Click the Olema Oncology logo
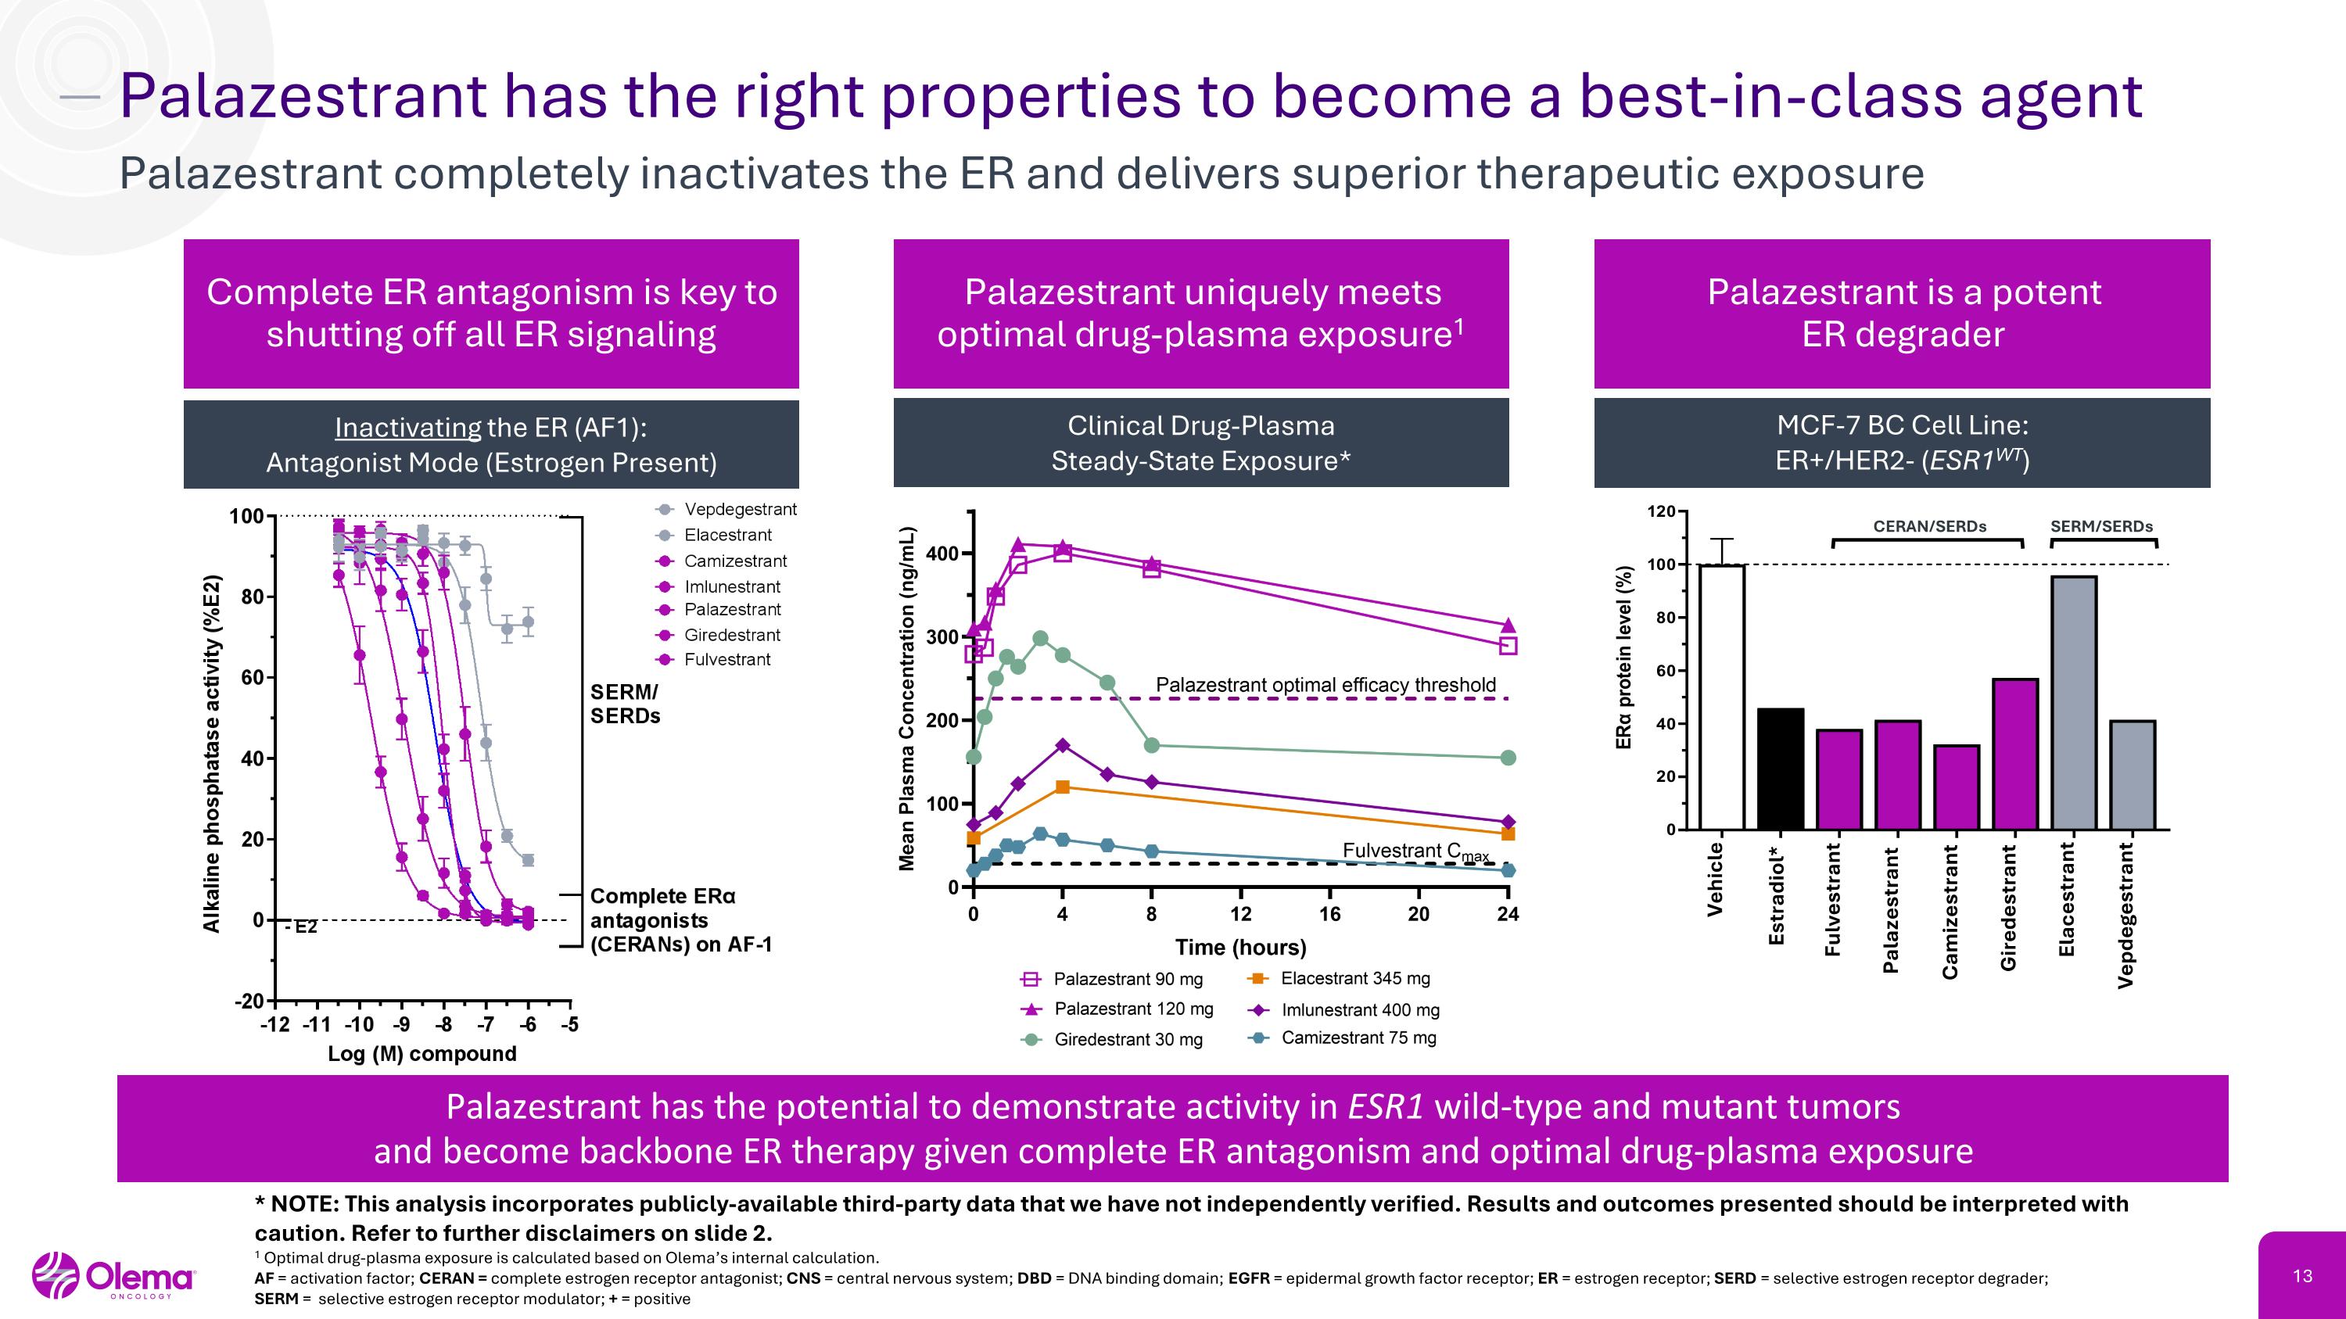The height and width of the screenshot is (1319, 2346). [114, 1276]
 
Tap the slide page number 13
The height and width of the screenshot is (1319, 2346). [2302, 1276]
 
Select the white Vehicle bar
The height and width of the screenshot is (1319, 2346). [1721, 697]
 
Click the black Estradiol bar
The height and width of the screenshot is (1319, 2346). [1780, 769]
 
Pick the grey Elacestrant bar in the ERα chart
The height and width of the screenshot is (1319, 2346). [2074, 703]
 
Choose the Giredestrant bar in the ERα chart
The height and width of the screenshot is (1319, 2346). [2014, 754]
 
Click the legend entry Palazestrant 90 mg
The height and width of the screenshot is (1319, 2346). [1128, 980]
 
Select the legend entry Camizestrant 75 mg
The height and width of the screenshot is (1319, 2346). [1358, 1038]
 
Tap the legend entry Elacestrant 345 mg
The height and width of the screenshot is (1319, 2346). [1354, 979]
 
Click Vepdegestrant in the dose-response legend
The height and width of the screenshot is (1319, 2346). [740, 510]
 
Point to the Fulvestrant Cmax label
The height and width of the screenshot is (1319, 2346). [1415, 851]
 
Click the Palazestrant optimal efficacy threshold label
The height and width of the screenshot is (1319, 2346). [1325, 685]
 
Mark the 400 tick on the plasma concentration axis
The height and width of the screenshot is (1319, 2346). [942, 554]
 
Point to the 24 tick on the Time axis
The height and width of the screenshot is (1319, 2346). [1507, 914]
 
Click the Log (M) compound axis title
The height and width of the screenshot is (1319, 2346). [421, 1053]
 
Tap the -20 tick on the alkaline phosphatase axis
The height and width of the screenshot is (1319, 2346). [249, 1002]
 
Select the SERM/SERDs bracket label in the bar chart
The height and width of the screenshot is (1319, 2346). [2101, 526]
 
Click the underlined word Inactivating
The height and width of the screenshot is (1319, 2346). [407, 427]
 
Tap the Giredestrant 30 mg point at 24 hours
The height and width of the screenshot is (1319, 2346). [1507, 758]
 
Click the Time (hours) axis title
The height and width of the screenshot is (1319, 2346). [1240, 948]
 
